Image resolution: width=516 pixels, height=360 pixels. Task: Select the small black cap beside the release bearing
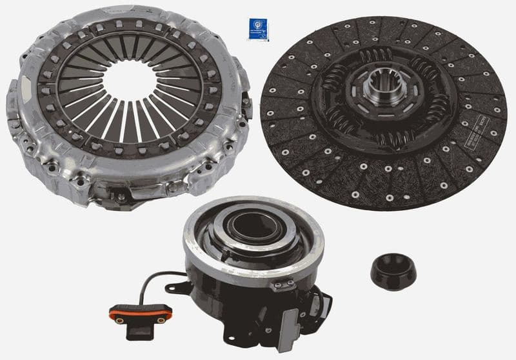pos(393,271)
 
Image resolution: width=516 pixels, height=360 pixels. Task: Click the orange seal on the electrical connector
pos(141,314)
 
